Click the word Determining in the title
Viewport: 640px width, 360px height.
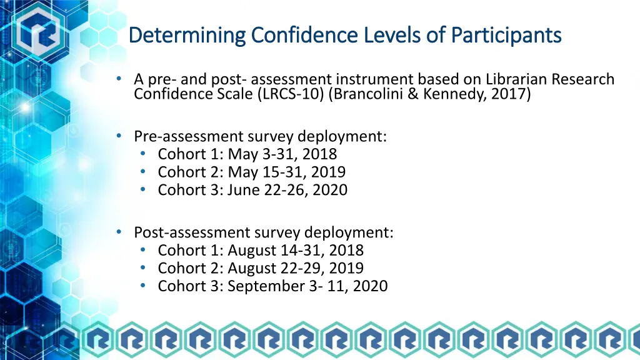tap(187, 34)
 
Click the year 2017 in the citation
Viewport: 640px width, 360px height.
tap(512, 94)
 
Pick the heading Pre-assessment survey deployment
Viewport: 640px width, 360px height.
tap(260, 136)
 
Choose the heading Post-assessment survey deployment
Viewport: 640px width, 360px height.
tap(263, 232)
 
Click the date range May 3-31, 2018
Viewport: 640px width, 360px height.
tap(282, 154)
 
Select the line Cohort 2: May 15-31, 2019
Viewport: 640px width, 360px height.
tap(252, 172)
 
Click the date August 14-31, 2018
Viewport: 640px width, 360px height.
tap(296, 251)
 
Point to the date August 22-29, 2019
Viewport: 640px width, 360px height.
tap(296, 269)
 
